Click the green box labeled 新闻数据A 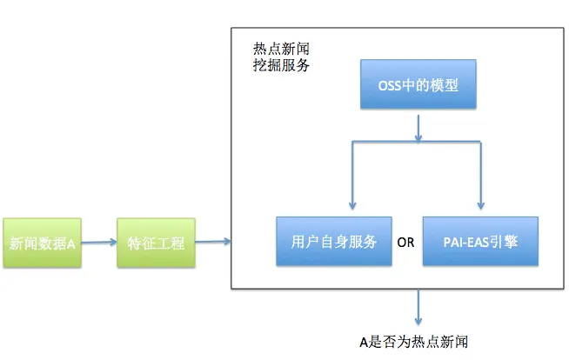[42, 243]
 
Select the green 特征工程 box [156, 243]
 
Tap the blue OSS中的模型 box [418, 86]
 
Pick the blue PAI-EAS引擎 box [480, 241]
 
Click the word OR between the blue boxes [405, 242]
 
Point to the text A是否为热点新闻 [418, 341]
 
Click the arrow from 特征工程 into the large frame [213, 242]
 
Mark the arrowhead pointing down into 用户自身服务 [351, 207]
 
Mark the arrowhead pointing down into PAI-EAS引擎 [479, 207]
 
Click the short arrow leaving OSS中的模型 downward [418, 127]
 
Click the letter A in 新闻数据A [72, 243]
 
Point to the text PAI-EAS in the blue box [465, 242]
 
